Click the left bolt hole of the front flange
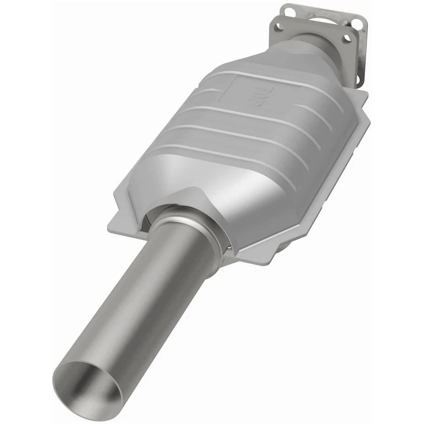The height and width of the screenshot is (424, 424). pos(279,27)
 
